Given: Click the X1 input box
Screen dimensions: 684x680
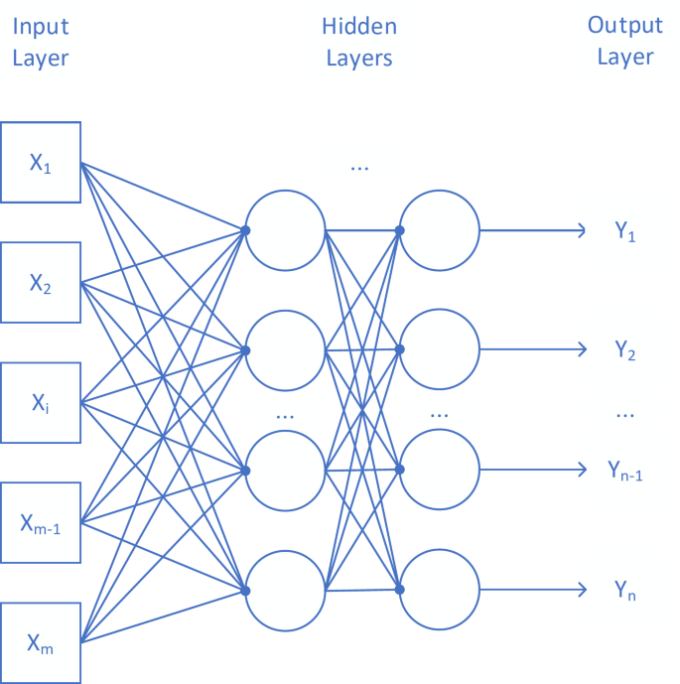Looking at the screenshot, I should click(x=40, y=163).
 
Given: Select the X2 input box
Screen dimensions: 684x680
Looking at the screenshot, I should click(x=40, y=283).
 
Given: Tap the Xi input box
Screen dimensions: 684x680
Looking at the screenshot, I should click(x=40, y=402).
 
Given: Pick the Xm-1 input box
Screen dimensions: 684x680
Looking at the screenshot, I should click(x=40, y=522).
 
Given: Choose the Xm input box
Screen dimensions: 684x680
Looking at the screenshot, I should click(x=40, y=641).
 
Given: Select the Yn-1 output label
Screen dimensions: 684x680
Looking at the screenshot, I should click(x=625, y=472).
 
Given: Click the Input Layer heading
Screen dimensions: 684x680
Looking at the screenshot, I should click(x=41, y=43).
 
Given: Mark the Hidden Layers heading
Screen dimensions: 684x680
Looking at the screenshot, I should click(x=359, y=43).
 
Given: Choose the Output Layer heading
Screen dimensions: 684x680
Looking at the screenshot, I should click(x=625, y=41).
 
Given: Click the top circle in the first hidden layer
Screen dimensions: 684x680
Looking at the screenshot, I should click(x=285, y=230).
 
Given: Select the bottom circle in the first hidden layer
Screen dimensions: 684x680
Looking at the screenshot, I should click(x=285, y=590).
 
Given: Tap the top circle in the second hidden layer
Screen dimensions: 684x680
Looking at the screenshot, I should click(x=439, y=230).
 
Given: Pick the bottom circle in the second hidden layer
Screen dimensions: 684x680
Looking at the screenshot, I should click(x=439, y=590).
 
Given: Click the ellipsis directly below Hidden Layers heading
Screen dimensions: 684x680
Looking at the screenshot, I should click(x=359, y=168).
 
